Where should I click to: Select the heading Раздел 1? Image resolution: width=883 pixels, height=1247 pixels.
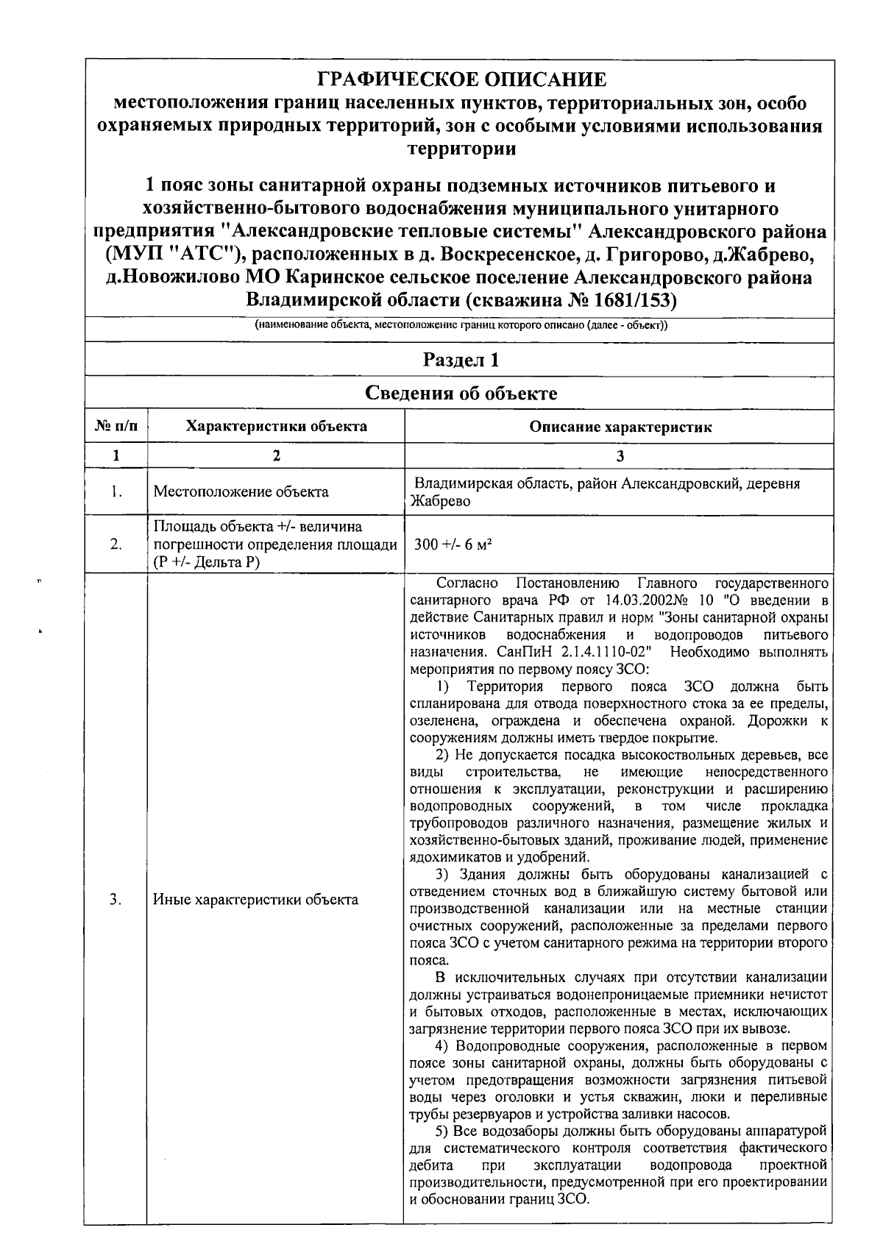coord(461,360)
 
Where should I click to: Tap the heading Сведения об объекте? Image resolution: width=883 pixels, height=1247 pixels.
coord(461,393)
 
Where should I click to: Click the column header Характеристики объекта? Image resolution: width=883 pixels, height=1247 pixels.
coord(276,426)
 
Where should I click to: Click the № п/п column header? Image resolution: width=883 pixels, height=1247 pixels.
coord(116,427)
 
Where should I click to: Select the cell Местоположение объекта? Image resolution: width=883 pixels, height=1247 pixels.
coord(241,491)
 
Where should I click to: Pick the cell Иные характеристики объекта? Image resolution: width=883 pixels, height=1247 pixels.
coord(255,899)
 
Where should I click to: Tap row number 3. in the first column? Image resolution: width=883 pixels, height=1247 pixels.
coord(116,899)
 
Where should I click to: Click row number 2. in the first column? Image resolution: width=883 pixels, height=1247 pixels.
coord(116,545)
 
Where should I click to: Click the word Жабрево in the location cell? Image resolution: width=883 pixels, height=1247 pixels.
coord(440,502)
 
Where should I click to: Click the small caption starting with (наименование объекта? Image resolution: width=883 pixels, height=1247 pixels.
coord(461,325)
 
